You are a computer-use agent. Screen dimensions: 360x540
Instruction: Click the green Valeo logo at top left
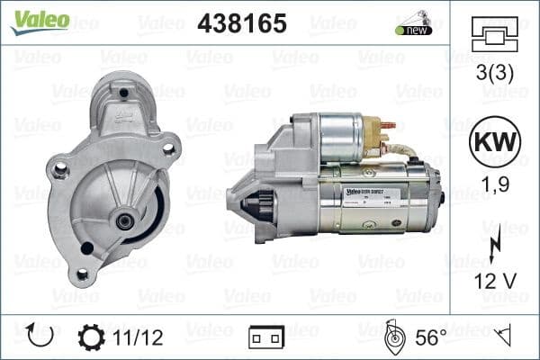(x=40, y=20)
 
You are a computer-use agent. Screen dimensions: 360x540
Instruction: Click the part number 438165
(x=241, y=23)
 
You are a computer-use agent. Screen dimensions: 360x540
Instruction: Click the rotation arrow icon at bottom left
(x=40, y=337)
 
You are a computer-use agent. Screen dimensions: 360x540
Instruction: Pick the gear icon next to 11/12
(x=91, y=338)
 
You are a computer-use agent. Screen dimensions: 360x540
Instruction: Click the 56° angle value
(x=431, y=338)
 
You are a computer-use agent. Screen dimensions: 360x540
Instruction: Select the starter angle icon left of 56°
(x=392, y=337)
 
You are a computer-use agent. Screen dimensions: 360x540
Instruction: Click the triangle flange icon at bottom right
(x=503, y=337)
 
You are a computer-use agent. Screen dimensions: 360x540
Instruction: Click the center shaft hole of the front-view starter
(x=124, y=220)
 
